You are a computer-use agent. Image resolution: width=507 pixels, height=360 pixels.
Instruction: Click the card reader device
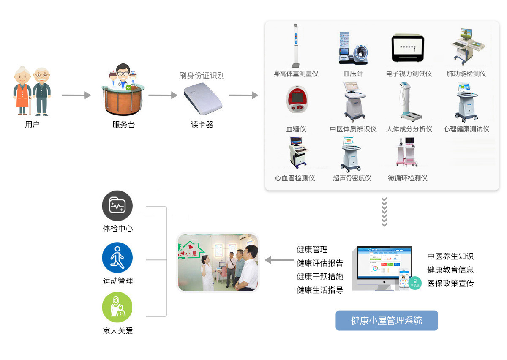[x=203, y=98]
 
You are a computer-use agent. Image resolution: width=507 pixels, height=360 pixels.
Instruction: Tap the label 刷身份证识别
[x=202, y=75]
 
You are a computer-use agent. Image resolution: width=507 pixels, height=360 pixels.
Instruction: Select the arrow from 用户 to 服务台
[x=76, y=95]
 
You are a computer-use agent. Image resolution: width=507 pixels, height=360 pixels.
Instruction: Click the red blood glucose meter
[x=297, y=99]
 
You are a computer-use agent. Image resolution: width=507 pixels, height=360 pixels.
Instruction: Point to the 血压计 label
[x=353, y=74]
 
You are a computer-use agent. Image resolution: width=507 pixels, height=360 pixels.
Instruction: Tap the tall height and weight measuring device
[x=296, y=46]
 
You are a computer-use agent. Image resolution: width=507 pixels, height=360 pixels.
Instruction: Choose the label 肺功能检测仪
[x=466, y=74]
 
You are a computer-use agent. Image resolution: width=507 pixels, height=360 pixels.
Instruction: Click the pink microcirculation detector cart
[x=407, y=152]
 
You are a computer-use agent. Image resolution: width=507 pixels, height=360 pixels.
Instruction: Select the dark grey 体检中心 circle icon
[x=117, y=206]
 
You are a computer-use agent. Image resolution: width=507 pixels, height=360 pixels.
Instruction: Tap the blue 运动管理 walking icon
[x=117, y=257]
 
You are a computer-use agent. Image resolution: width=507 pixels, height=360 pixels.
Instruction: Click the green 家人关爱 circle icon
[x=117, y=307]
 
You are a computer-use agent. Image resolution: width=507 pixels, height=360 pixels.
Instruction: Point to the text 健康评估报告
[x=320, y=263]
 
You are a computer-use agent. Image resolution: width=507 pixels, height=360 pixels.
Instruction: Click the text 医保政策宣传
[x=450, y=283]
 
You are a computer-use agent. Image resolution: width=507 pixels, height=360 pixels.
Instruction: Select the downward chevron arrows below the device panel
[x=384, y=212]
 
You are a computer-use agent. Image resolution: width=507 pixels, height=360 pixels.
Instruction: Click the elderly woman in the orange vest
[x=22, y=90]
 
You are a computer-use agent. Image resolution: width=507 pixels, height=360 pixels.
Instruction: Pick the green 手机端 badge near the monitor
[x=415, y=283]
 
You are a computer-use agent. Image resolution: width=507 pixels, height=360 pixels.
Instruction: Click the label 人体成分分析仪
[x=409, y=129]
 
